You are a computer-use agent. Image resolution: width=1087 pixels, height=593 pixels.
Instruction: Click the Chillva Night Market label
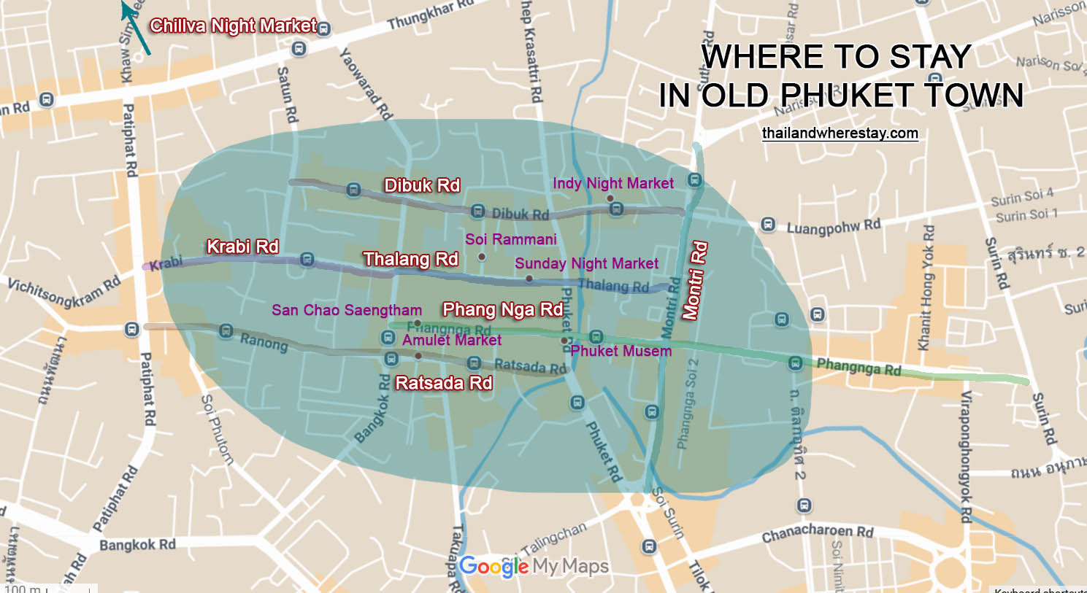pyautogui.click(x=233, y=26)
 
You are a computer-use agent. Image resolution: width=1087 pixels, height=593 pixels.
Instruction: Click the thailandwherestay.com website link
pyautogui.click(x=840, y=133)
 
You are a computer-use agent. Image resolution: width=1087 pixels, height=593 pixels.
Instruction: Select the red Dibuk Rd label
pyautogui.click(x=422, y=185)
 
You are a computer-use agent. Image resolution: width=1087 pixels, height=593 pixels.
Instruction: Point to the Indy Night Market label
pyautogui.click(x=612, y=183)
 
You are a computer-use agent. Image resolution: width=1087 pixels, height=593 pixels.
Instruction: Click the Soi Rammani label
pyautogui.click(x=510, y=239)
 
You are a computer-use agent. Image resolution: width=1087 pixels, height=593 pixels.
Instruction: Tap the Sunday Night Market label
pyautogui.click(x=586, y=263)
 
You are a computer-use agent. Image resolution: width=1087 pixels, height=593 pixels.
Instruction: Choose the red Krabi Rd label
pyautogui.click(x=242, y=247)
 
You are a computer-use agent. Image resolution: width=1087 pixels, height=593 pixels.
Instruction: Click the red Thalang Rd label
pyautogui.click(x=410, y=259)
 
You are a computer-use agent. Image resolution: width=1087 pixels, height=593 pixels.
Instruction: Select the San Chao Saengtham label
pyautogui.click(x=346, y=310)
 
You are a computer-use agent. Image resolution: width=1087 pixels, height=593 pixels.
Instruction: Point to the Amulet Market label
pyautogui.click(x=451, y=340)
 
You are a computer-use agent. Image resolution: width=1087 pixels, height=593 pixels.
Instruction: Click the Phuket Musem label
pyautogui.click(x=621, y=351)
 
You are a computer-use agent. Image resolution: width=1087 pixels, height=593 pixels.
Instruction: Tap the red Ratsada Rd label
pyautogui.click(x=443, y=383)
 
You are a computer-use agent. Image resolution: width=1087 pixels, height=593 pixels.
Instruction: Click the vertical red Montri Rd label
pyautogui.click(x=694, y=281)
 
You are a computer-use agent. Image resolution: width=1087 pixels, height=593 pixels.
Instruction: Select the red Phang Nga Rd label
pyautogui.click(x=502, y=309)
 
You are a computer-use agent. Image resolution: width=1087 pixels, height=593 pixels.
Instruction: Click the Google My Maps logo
pyautogui.click(x=533, y=566)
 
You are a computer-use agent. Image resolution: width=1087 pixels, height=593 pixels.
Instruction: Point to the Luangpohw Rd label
pyautogui.click(x=833, y=227)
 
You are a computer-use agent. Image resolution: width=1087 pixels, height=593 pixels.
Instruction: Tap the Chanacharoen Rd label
pyautogui.click(x=817, y=533)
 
